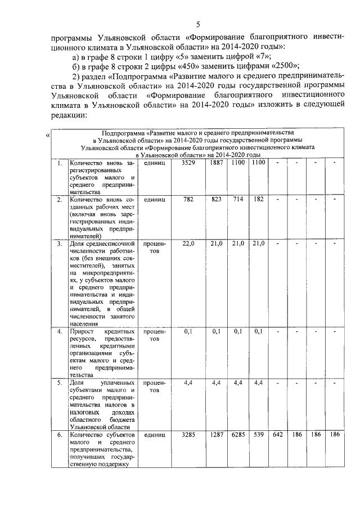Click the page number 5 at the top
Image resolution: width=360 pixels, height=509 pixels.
tap(198, 24)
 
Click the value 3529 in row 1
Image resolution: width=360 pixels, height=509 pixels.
tap(188, 163)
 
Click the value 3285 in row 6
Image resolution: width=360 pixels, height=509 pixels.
tap(188, 435)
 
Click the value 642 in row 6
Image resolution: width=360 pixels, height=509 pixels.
tap(277, 435)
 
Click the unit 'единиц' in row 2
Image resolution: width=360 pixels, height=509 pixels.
tap(154, 200)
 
